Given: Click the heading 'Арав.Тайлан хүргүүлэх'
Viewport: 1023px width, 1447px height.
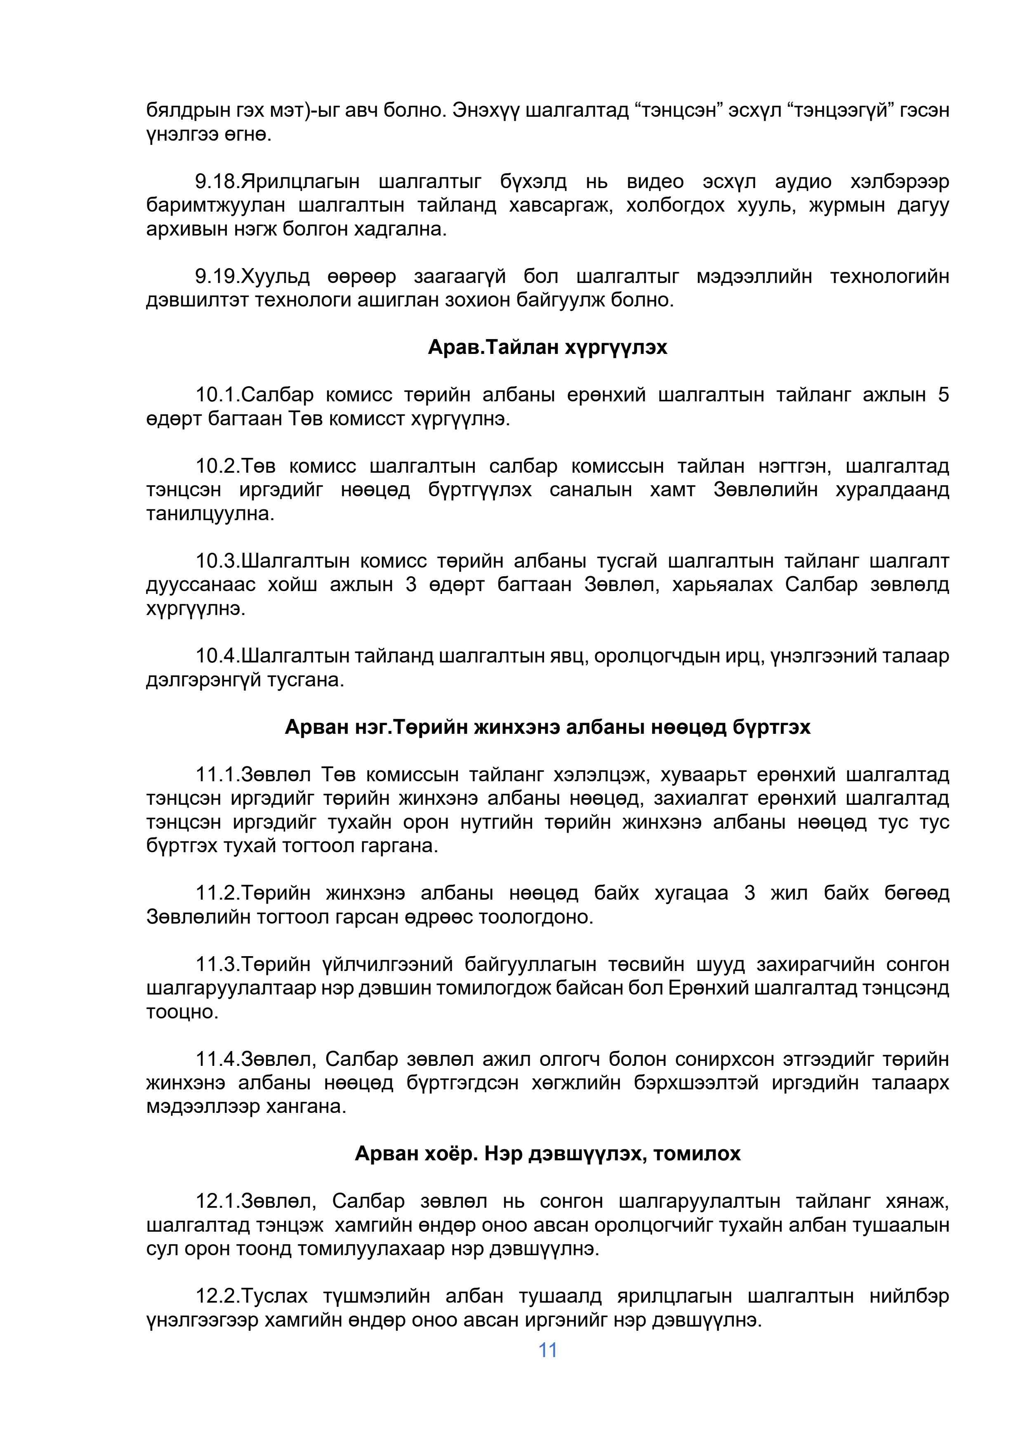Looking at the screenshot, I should tap(547, 347).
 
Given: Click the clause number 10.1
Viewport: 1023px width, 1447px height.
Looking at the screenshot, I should tap(216, 395).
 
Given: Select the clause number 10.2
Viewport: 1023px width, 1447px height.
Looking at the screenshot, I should tap(216, 467).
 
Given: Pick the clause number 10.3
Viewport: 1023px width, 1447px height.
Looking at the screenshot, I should tap(216, 561).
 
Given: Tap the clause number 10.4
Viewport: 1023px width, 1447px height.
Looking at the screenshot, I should tap(216, 656).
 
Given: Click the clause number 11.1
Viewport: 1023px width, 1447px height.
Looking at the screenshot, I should tap(216, 775).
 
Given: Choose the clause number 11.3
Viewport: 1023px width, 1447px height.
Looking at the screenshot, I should tap(216, 964).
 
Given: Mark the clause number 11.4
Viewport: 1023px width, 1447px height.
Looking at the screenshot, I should tap(216, 1059).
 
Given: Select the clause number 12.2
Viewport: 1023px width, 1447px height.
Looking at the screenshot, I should tap(216, 1296).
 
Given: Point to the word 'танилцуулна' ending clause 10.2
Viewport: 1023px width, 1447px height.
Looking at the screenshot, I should tap(210, 514).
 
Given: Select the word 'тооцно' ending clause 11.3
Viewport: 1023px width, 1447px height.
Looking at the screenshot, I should tap(181, 1012).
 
